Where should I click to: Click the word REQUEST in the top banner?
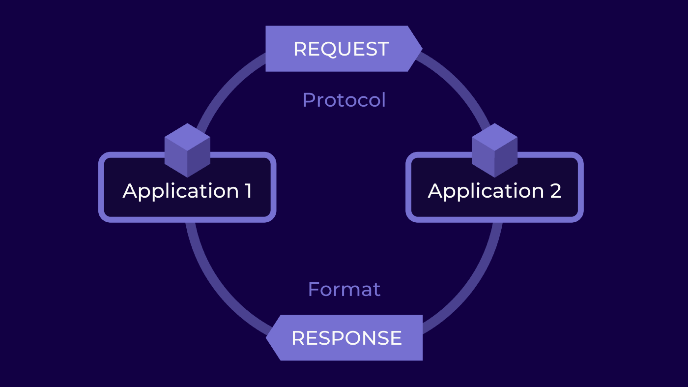point(341,49)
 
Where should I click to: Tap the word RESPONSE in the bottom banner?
point(346,338)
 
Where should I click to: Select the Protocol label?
point(344,100)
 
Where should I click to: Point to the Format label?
point(344,289)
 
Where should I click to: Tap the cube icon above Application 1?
point(187,150)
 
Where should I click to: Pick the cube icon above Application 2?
point(494,150)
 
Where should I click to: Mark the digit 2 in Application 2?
point(555,191)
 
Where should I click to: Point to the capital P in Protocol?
point(308,100)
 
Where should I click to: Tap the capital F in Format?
point(314,289)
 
